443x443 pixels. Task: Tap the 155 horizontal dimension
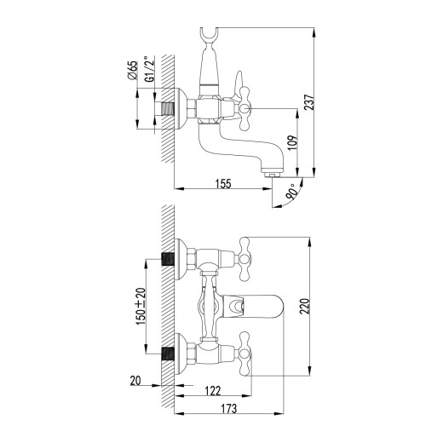(222, 181)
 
